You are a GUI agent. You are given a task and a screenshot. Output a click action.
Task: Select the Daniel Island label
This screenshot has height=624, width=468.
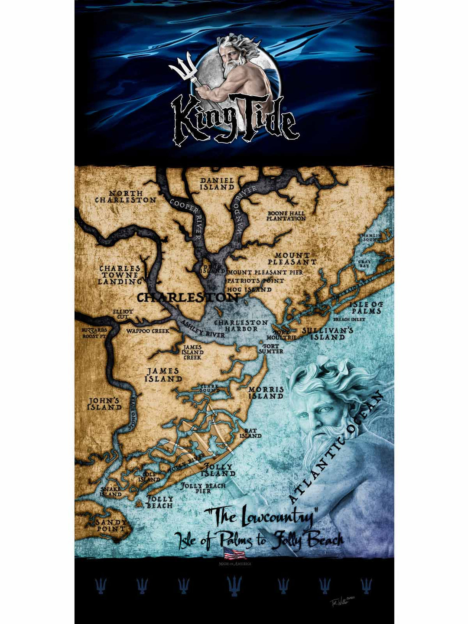coord(217,184)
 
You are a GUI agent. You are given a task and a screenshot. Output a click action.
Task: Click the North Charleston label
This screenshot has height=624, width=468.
coord(126,197)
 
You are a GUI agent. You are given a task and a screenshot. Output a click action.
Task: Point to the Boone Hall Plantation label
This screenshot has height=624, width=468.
coord(286,216)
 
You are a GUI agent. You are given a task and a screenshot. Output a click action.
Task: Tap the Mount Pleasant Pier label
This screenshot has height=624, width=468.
coord(265,273)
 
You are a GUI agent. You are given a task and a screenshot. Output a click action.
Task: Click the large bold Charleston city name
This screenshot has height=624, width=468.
coord(187,298)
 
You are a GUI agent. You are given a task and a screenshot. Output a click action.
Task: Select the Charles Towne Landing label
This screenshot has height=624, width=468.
coord(120,275)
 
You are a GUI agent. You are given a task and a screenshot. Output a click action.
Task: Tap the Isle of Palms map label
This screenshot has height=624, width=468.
coord(366,308)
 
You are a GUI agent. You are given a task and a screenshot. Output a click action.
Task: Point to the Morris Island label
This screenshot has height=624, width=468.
coord(266,393)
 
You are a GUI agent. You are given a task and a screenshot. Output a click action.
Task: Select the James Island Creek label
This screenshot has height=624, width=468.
coord(192,352)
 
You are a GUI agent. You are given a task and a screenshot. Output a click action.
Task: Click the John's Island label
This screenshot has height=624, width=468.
coord(104,404)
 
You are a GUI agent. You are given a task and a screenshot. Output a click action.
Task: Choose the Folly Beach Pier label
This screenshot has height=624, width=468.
coord(203,488)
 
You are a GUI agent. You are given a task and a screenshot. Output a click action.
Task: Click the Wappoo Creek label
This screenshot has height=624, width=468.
coord(147,331)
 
